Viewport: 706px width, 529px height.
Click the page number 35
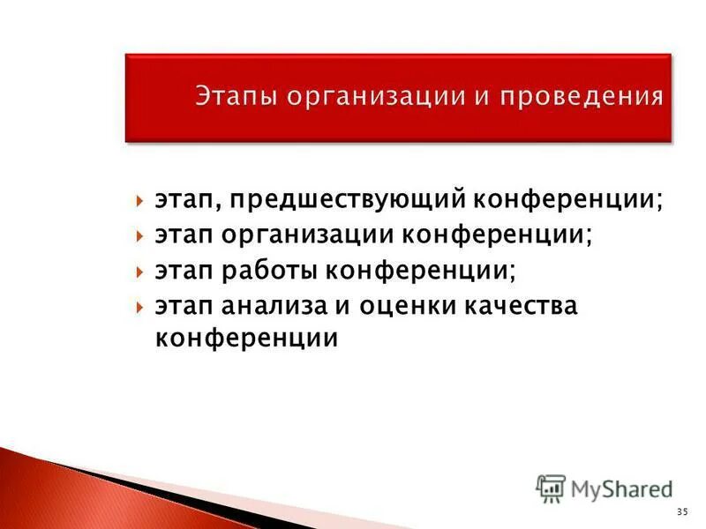pos(681,511)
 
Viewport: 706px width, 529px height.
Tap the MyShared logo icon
pos(551,488)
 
